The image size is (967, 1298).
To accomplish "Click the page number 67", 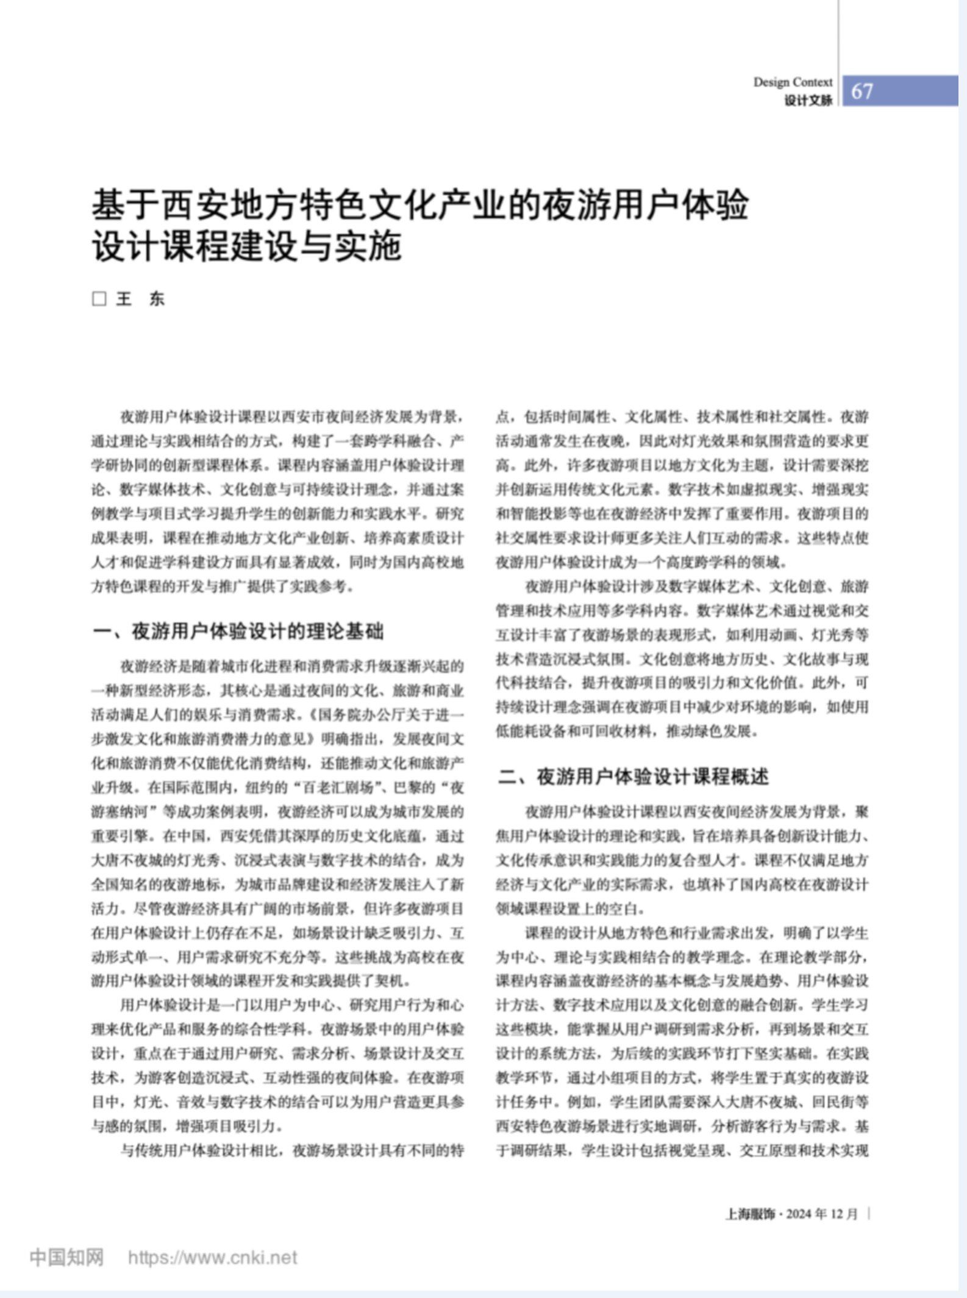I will [x=862, y=91].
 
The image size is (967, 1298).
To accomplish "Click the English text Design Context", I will [x=793, y=82].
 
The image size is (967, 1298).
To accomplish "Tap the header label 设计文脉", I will [x=808, y=101].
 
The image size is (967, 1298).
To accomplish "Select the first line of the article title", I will [x=419, y=205].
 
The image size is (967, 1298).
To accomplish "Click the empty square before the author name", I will [x=99, y=299].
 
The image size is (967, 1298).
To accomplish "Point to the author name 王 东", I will [x=141, y=299].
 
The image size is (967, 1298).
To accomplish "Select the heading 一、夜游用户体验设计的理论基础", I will [x=238, y=631].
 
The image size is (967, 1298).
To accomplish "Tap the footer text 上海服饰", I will [x=749, y=1214].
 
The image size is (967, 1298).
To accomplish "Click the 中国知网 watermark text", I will [x=66, y=1257].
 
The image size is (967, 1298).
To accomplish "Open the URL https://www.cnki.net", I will [x=213, y=1258].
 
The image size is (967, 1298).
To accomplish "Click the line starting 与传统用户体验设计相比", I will [x=291, y=1150].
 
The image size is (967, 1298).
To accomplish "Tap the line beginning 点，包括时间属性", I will [x=682, y=417].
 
